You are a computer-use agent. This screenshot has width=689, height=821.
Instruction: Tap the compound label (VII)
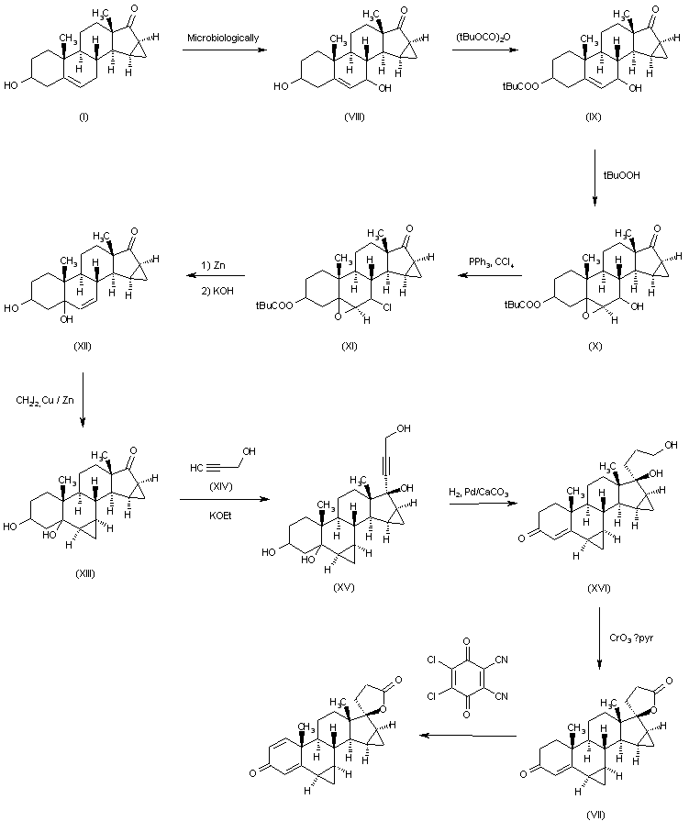coord(596,813)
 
